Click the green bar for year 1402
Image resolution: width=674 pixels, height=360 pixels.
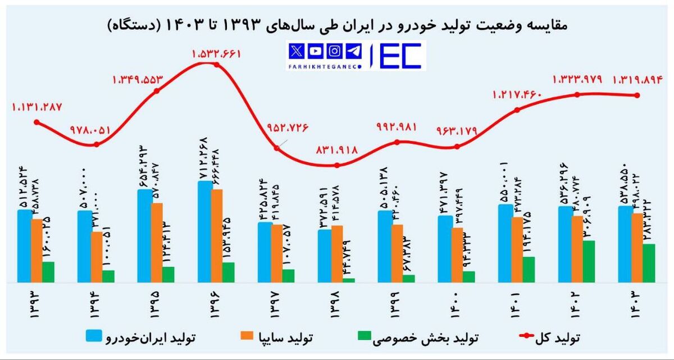coord(589,261)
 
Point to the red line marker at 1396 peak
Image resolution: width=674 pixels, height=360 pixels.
coord(217,65)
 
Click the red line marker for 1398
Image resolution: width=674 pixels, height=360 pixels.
coord(336,165)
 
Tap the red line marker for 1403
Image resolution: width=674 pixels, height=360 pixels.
coord(637,95)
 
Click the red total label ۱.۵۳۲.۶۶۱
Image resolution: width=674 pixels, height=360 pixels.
coord(216,54)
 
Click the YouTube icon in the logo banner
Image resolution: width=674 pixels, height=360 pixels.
coord(316,51)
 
